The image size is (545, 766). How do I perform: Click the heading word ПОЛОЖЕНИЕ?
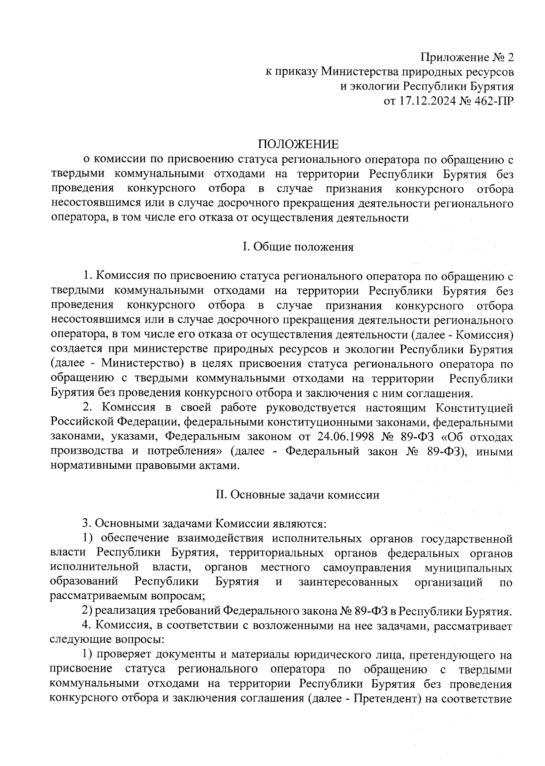point(298,145)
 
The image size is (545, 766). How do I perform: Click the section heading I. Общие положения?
point(298,247)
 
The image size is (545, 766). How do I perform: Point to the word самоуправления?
point(367,568)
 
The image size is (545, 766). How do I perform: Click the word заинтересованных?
point(349,582)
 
